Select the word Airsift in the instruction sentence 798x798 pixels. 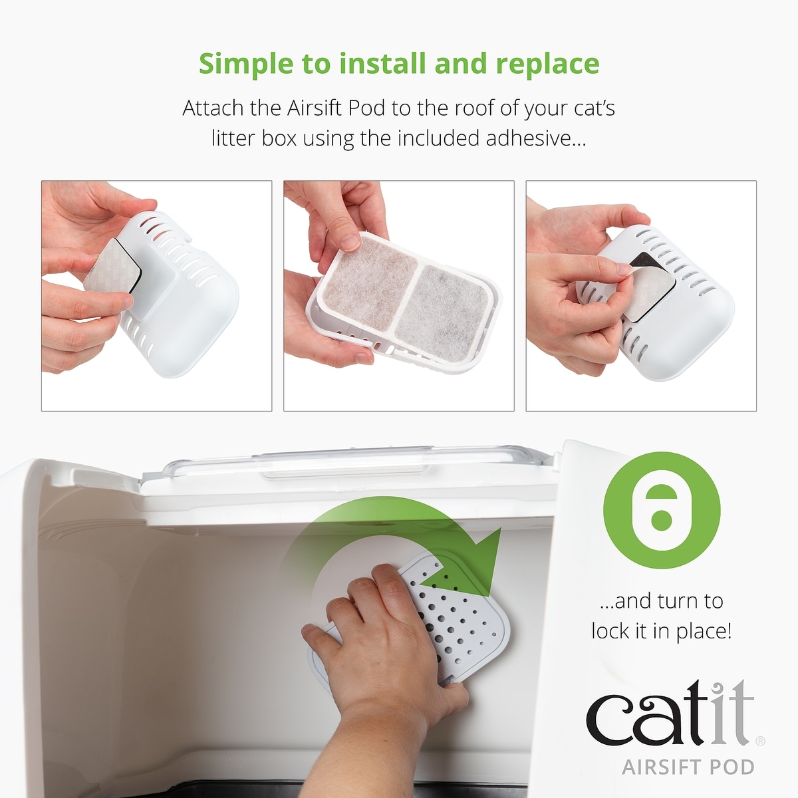(x=315, y=108)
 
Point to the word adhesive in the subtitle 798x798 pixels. (x=536, y=138)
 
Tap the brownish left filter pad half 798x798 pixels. (x=369, y=285)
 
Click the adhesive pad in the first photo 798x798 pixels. (x=110, y=273)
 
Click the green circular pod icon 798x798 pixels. (x=661, y=510)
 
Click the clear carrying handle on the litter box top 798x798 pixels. (x=344, y=463)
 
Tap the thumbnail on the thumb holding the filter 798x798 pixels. (x=350, y=243)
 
